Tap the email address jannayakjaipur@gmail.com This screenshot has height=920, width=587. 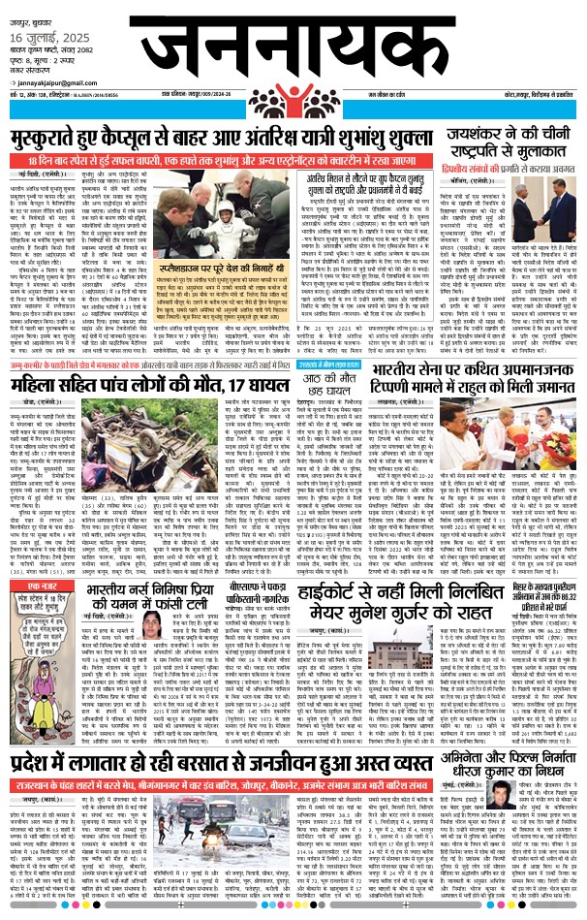click(60, 99)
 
